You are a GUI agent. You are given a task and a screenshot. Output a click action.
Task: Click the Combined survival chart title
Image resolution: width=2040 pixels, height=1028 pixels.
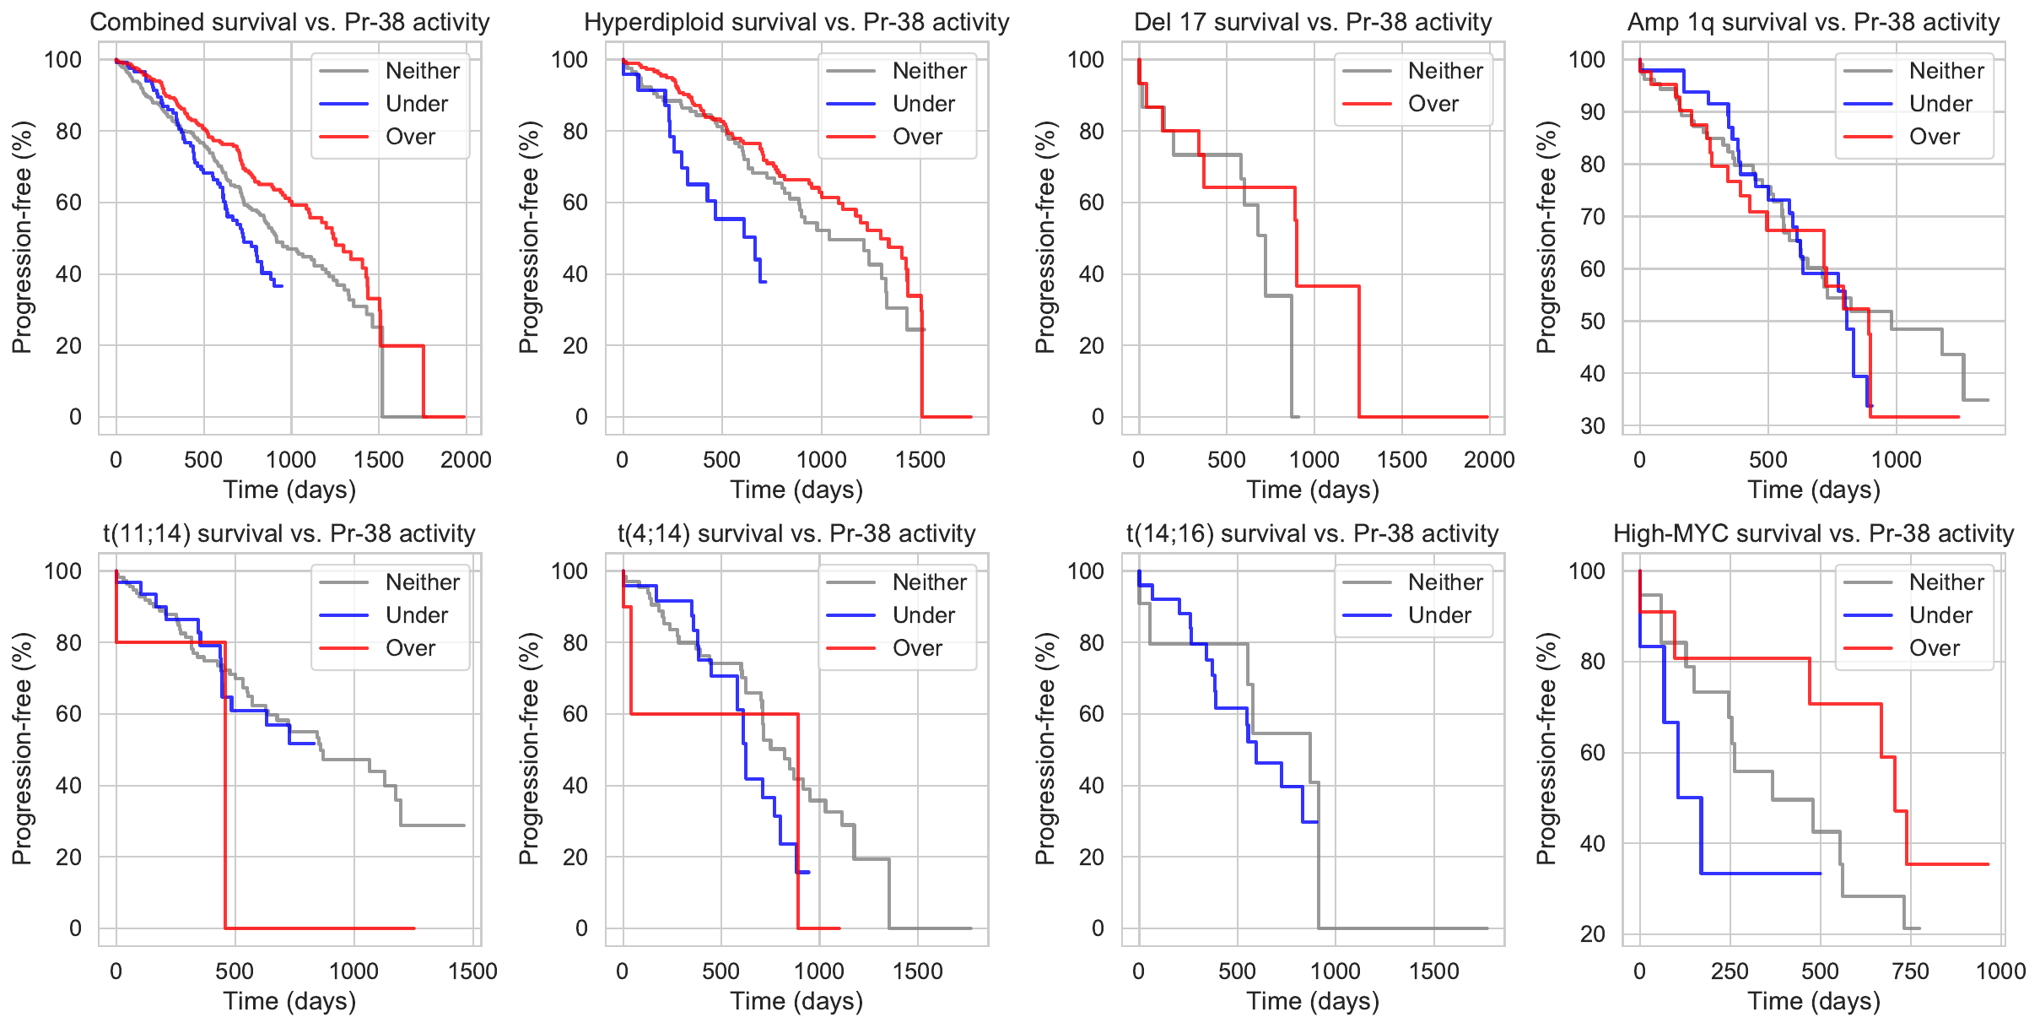click(x=289, y=22)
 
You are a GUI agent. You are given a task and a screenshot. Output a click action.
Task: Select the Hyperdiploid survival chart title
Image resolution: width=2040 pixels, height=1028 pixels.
click(x=796, y=22)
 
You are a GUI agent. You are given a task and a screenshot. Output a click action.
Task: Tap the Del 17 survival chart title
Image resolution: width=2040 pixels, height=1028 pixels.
click(x=1313, y=22)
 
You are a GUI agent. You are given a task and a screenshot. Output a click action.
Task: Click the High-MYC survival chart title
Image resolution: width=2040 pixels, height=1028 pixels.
click(x=1813, y=533)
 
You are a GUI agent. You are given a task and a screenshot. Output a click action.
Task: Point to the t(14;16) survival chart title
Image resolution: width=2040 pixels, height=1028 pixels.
click(x=1313, y=533)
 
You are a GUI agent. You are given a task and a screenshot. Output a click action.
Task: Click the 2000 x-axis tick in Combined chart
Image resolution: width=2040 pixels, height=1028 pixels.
click(x=466, y=460)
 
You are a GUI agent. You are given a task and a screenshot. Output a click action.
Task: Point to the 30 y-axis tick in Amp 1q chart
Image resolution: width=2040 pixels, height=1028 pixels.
click(x=1592, y=426)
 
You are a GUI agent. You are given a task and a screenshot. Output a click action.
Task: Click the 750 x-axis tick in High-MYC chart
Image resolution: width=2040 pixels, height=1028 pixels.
click(x=1910, y=971)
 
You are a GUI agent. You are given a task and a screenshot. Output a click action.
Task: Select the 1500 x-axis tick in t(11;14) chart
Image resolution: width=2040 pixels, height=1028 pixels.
click(x=472, y=971)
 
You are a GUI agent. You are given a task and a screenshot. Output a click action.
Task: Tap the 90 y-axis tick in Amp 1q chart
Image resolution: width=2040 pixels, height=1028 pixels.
click(x=1592, y=112)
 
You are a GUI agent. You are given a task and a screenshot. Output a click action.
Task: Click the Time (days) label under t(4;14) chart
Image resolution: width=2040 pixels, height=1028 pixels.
click(x=796, y=1001)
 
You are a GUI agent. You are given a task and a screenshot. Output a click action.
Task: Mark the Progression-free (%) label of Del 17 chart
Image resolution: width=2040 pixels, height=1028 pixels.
click(x=1044, y=237)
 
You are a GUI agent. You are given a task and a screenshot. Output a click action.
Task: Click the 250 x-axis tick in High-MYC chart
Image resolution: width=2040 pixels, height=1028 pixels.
click(x=1730, y=971)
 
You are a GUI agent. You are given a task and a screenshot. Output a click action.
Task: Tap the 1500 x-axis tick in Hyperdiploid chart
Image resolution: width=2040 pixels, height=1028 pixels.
click(x=920, y=460)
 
